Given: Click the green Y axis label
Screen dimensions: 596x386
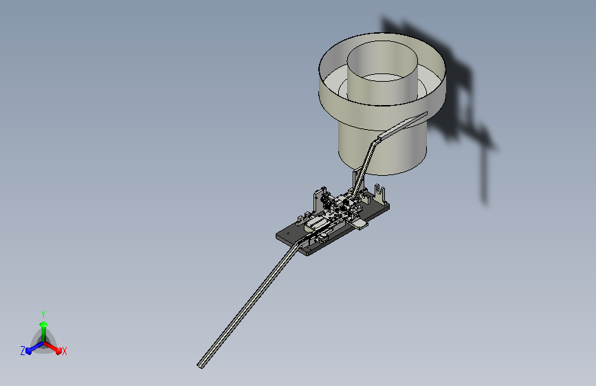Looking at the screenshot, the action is tap(43, 315).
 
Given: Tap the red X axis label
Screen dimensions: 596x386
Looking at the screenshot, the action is tap(65, 352).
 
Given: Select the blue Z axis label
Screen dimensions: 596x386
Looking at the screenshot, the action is tap(23, 351).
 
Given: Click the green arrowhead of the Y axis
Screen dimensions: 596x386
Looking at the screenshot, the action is tap(43, 324).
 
